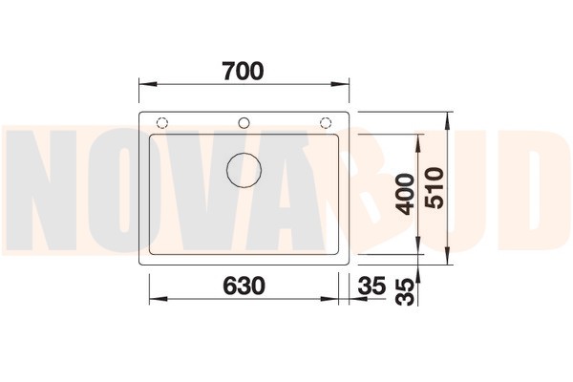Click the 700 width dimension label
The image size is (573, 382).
point(243,72)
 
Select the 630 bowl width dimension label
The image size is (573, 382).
point(244,286)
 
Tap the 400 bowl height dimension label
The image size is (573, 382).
point(405,194)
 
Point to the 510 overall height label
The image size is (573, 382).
point(435,188)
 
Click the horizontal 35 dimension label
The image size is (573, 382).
point(372,286)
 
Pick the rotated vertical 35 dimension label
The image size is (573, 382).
point(405,291)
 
